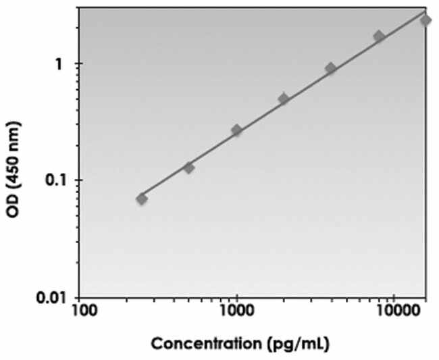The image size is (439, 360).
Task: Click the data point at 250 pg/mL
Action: pyautogui.click(x=142, y=199)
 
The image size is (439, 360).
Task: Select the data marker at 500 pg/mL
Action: pyautogui.click(x=189, y=168)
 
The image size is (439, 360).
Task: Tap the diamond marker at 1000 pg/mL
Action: pyautogui.click(x=236, y=130)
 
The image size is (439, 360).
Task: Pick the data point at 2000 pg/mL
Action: pyautogui.click(x=284, y=99)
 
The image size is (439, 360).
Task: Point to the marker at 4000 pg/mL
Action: pyautogui.click(x=330, y=68)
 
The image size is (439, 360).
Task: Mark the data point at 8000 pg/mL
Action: pyautogui.click(x=379, y=36)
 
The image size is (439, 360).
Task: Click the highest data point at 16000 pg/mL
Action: pyautogui.click(x=425, y=20)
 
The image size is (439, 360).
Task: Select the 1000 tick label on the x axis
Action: pyautogui.click(x=236, y=311)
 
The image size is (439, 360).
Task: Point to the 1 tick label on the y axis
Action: pyautogui.click(x=61, y=64)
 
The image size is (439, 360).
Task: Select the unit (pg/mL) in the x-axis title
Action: pyautogui.click(x=297, y=344)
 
